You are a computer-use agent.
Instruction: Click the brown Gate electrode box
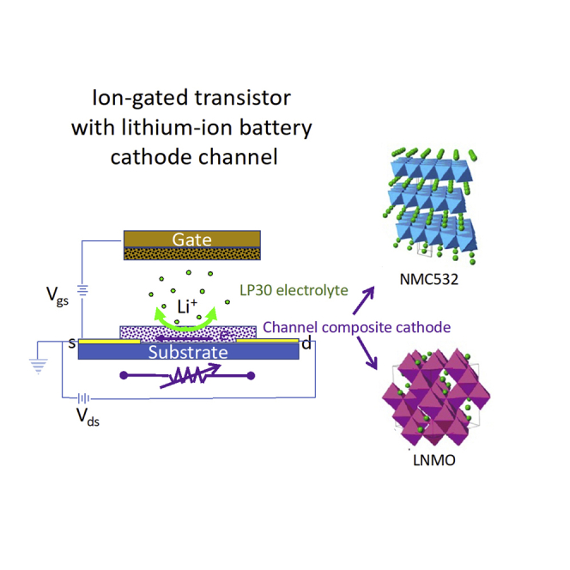(191, 240)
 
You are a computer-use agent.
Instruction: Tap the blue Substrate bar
(189, 353)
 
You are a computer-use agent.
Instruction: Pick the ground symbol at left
(38, 364)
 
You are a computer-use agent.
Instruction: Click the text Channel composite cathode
(357, 327)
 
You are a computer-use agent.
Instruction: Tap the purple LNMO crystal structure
(434, 396)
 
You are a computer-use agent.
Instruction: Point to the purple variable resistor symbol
(189, 375)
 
